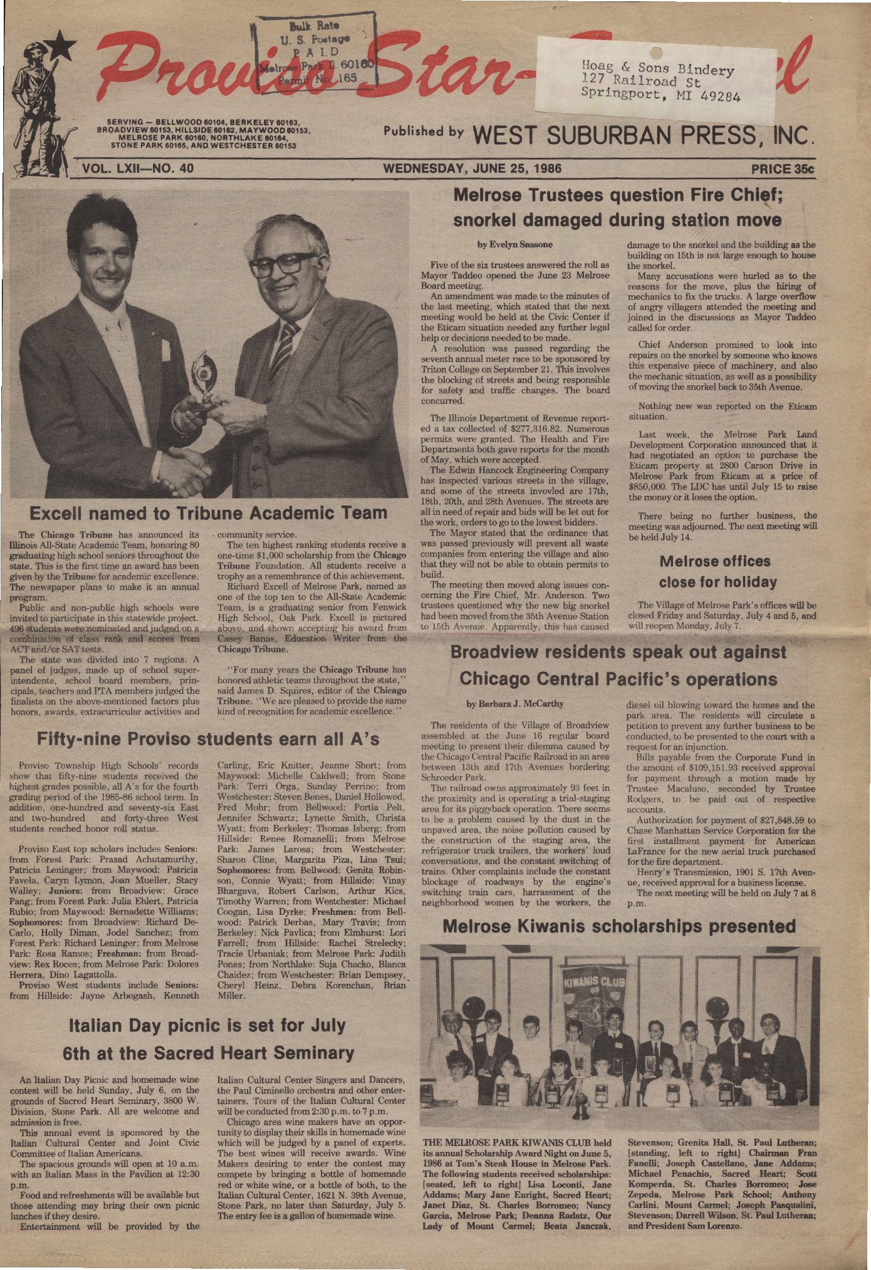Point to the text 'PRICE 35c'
tap(782, 168)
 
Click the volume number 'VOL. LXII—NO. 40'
tap(138, 168)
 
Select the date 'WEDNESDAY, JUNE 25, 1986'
tap(472, 168)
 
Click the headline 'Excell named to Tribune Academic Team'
tap(208, 514)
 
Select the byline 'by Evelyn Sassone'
tap(514, 244)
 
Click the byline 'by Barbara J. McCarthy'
tap(515, 703)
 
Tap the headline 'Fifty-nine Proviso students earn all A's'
tap(208, 739)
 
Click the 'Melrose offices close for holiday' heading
tap(717, 571)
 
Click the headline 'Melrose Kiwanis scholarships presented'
tap(618, 926)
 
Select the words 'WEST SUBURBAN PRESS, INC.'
tap(644, 135)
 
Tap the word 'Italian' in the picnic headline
tap(101, 1025)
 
